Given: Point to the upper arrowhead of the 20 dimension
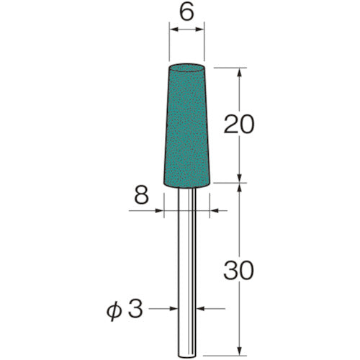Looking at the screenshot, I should coord(238,70).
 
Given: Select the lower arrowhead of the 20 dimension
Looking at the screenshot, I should coord(238,179).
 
